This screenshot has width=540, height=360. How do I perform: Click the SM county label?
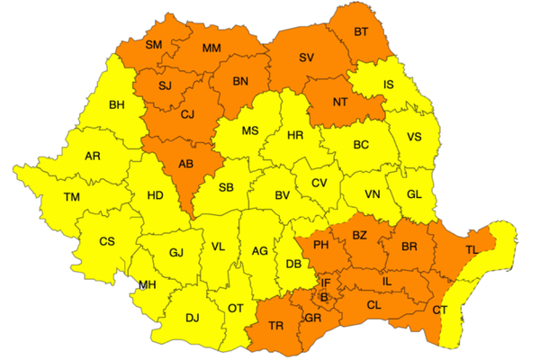pos(154,44)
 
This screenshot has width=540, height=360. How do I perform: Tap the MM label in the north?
pos(212,48)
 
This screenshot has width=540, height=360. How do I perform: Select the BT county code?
pos(361,32)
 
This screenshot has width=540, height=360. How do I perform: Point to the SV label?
pos(306,58)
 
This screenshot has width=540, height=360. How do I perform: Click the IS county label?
pos(389,85)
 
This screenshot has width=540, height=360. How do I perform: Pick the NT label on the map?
pos(340,102)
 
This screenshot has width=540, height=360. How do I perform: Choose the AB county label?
pos(186,165)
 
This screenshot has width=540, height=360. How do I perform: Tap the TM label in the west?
pos(72,196)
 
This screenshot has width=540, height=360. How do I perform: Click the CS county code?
pos(106,241)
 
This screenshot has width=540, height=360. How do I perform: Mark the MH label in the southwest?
pos(146,285)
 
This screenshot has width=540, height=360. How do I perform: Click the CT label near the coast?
pos(440,310)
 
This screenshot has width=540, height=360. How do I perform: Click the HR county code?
pos(294,136)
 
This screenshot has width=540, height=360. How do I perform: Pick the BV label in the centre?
pos(282,195)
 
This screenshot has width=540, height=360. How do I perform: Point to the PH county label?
pos(319,244)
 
